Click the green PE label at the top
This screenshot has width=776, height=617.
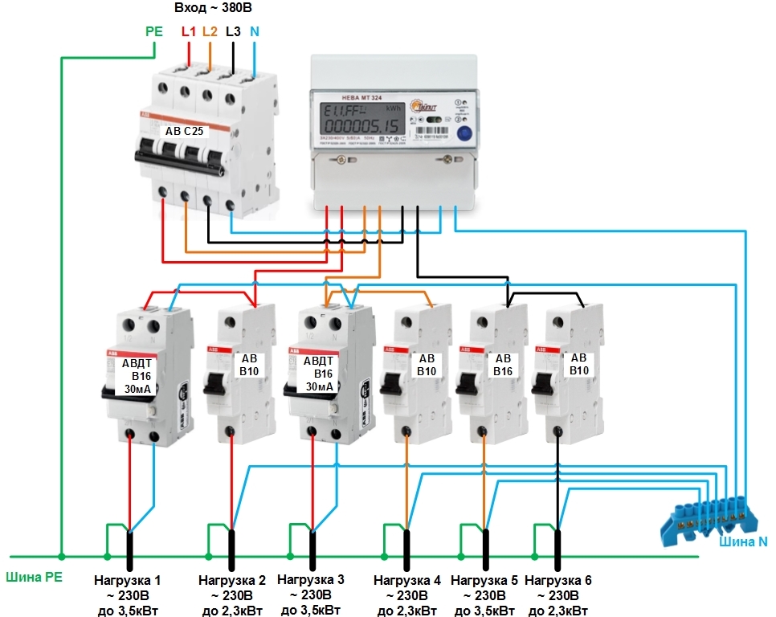click(154, 32)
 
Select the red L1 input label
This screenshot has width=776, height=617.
click(189, 32)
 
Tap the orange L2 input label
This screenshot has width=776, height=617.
click(210, 32)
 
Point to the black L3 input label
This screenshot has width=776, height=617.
click(233, 32)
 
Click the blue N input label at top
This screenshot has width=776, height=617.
click(255, 32)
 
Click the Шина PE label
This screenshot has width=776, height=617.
click(33, 576)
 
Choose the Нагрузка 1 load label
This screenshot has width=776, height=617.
click(128, 579)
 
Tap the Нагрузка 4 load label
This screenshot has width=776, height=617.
click(407, 580)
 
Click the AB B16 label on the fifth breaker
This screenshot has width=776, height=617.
click(503, 365)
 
